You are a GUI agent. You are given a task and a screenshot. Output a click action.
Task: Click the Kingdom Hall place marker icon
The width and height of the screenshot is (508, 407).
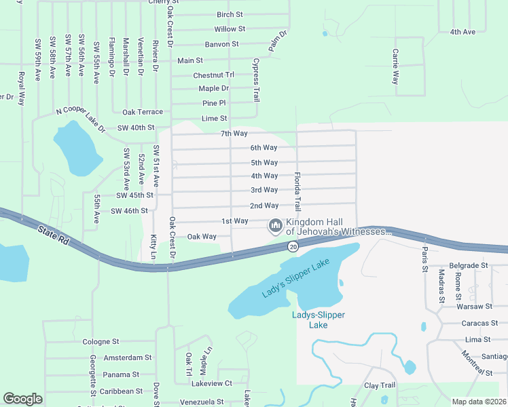click(276, 225)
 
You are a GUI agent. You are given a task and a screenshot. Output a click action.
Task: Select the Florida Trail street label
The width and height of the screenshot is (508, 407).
click(297, 191)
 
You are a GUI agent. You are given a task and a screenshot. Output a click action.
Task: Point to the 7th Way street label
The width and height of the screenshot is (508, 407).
click(234, 133)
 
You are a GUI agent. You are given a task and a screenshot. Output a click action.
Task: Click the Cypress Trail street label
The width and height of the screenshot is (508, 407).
click(256, 79)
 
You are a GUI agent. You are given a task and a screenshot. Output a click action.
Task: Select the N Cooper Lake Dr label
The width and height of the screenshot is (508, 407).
click(81, 119)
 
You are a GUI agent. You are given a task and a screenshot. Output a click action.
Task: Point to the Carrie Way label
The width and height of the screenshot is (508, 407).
click(395, 66)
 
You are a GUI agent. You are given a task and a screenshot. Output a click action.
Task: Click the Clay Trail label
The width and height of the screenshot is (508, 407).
click(380, 385)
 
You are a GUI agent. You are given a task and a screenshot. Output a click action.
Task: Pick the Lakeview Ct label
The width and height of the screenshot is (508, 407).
click(212, 383)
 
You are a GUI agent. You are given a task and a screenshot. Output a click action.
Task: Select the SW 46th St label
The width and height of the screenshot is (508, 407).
click(129, 211)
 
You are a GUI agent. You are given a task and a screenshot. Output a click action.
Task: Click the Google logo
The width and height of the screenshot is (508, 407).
click(22, 399)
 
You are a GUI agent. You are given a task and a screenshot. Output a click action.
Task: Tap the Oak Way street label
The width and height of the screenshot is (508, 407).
click(202, 237)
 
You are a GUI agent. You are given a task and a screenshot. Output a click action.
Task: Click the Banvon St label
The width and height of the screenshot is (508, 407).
click(222, 44)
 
